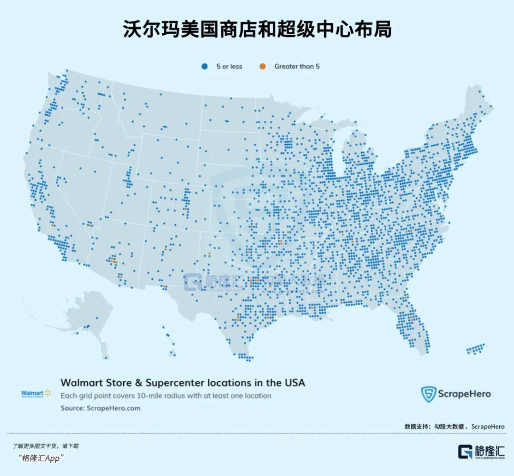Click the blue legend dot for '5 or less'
tap(205, 67)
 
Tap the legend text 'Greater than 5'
tap(297, 67)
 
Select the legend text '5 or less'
tap(229, 67)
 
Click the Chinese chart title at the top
tap(257, 30)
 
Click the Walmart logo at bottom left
tap(36, 393)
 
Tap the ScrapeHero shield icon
tap(428, 394)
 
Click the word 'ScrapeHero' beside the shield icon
tap(465, 394)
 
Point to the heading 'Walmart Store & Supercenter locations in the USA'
tap(182, 383)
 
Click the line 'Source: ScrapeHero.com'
tap(100, 408)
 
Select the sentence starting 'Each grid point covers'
tap(166, 396)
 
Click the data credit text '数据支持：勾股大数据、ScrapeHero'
tap(455, 426)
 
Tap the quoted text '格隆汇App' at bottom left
tap(42, 458)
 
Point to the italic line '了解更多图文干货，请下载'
tap(46, 446)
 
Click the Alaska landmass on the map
tap(88, 314)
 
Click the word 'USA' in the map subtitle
tap(294, 383)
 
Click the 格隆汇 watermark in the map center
tap(209, 282)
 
